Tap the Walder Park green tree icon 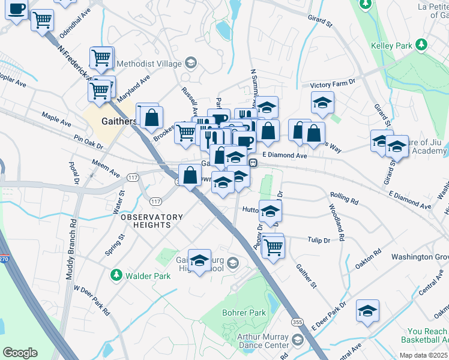[116, 275]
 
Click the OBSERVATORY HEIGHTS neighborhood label [151, 221]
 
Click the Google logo [20, 352]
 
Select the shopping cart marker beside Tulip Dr [274, 246]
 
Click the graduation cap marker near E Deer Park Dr [367, 311]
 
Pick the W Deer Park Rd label [91, 300]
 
